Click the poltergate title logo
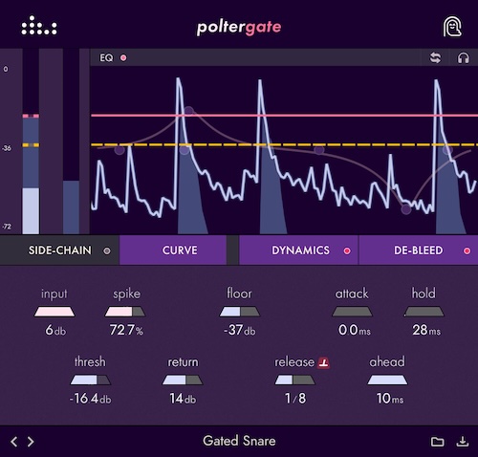coord(238,26)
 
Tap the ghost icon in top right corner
coord(452,26)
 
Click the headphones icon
coord(464,58)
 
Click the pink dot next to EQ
coord(123,58)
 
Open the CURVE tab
coord(180,250)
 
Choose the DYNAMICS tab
coord(300,250)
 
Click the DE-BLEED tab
coord(418,250)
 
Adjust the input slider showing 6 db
coord(54,312)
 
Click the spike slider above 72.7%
coord(126,312)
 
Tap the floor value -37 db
coord(239,331)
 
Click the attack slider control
coord(351,312)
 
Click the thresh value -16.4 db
coord(90,399)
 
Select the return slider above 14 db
coord(183,381)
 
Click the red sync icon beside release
coord(323,362)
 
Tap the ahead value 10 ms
coord(387,399)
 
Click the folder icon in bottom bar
coord(438,442)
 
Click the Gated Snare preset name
coord(238,442)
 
